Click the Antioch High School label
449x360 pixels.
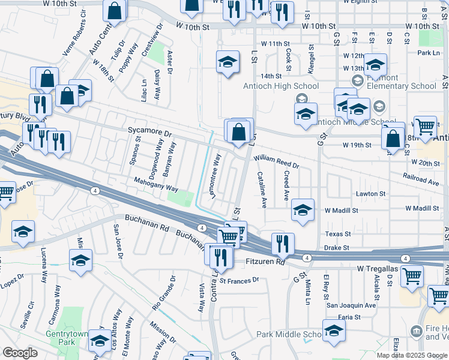[280, 86]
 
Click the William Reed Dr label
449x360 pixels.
[276, 161]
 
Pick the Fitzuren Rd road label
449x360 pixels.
[265, 262]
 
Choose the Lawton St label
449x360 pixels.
[370, 194]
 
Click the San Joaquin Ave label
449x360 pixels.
[351, 305]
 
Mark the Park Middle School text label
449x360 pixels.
[289, 334]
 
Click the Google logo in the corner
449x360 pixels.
[20, 353]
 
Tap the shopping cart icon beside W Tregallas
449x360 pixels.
[412, 275]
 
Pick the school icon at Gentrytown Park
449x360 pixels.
[100, 342]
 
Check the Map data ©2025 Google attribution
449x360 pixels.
[412, 355]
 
